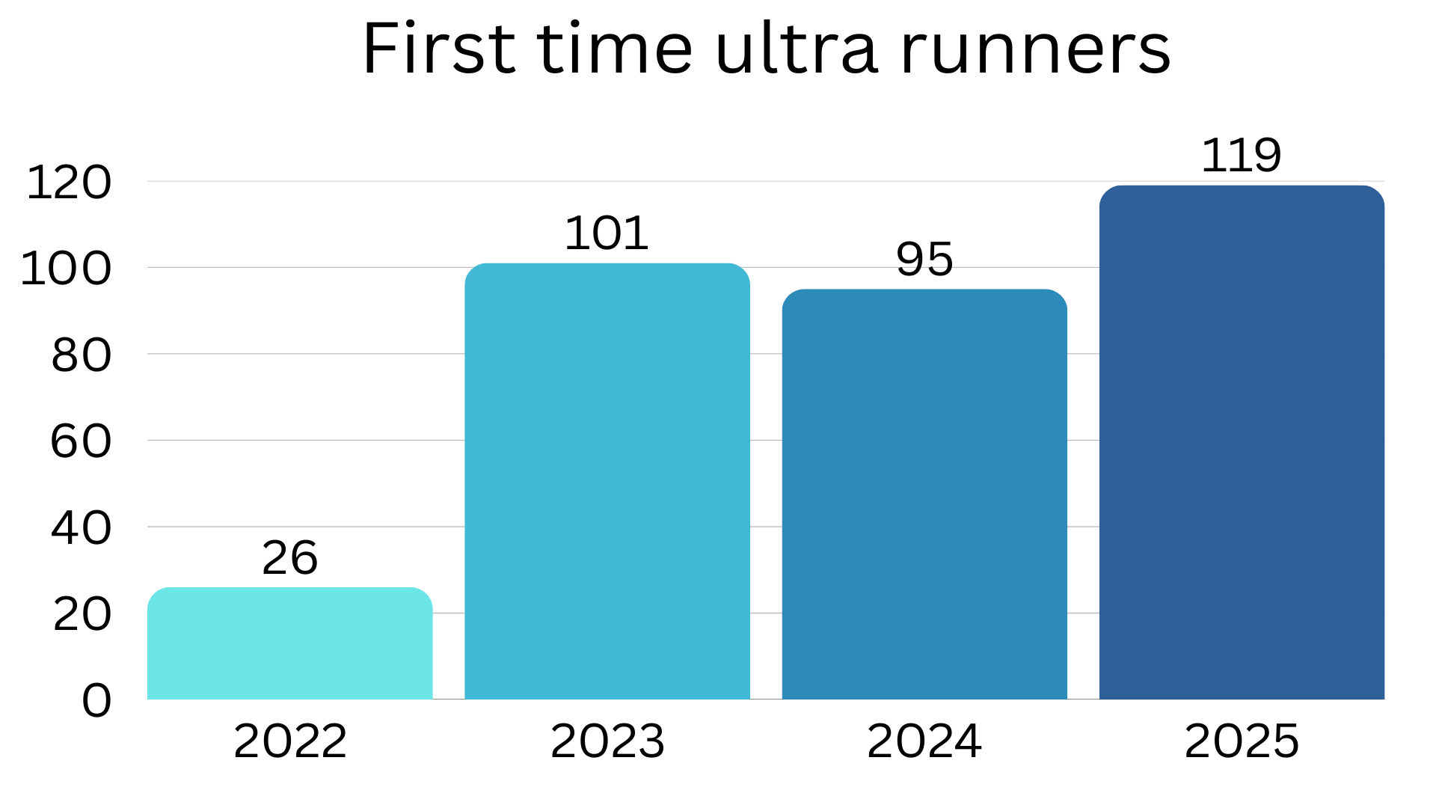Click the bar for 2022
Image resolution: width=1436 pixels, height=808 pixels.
[289, 643]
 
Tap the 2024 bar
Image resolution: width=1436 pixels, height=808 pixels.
[924, 494]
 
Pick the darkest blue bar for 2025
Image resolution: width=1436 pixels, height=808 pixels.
[1242, 442]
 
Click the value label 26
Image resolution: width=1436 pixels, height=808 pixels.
[289, 557]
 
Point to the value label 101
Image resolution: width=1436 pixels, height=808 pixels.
[606, 233]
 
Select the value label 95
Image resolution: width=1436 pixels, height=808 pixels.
[924, 260]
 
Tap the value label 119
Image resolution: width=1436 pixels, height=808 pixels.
[1241, 156]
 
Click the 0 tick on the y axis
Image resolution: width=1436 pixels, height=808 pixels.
[96, 701]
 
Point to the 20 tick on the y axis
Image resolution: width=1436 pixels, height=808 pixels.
[82, 615]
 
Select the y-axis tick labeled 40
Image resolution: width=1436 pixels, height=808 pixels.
[82, 528]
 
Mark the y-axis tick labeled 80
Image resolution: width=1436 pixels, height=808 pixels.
[82, 355]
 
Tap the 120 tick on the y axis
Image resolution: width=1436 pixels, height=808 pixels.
[69, 183]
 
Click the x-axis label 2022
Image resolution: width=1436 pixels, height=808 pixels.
[289, 741]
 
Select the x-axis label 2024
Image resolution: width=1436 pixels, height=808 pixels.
[924, 741]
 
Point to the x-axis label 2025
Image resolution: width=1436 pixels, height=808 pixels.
[1242, 741]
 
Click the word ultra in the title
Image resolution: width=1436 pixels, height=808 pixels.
[797, 49]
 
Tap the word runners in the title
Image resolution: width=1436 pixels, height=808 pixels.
[1035, 49]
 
